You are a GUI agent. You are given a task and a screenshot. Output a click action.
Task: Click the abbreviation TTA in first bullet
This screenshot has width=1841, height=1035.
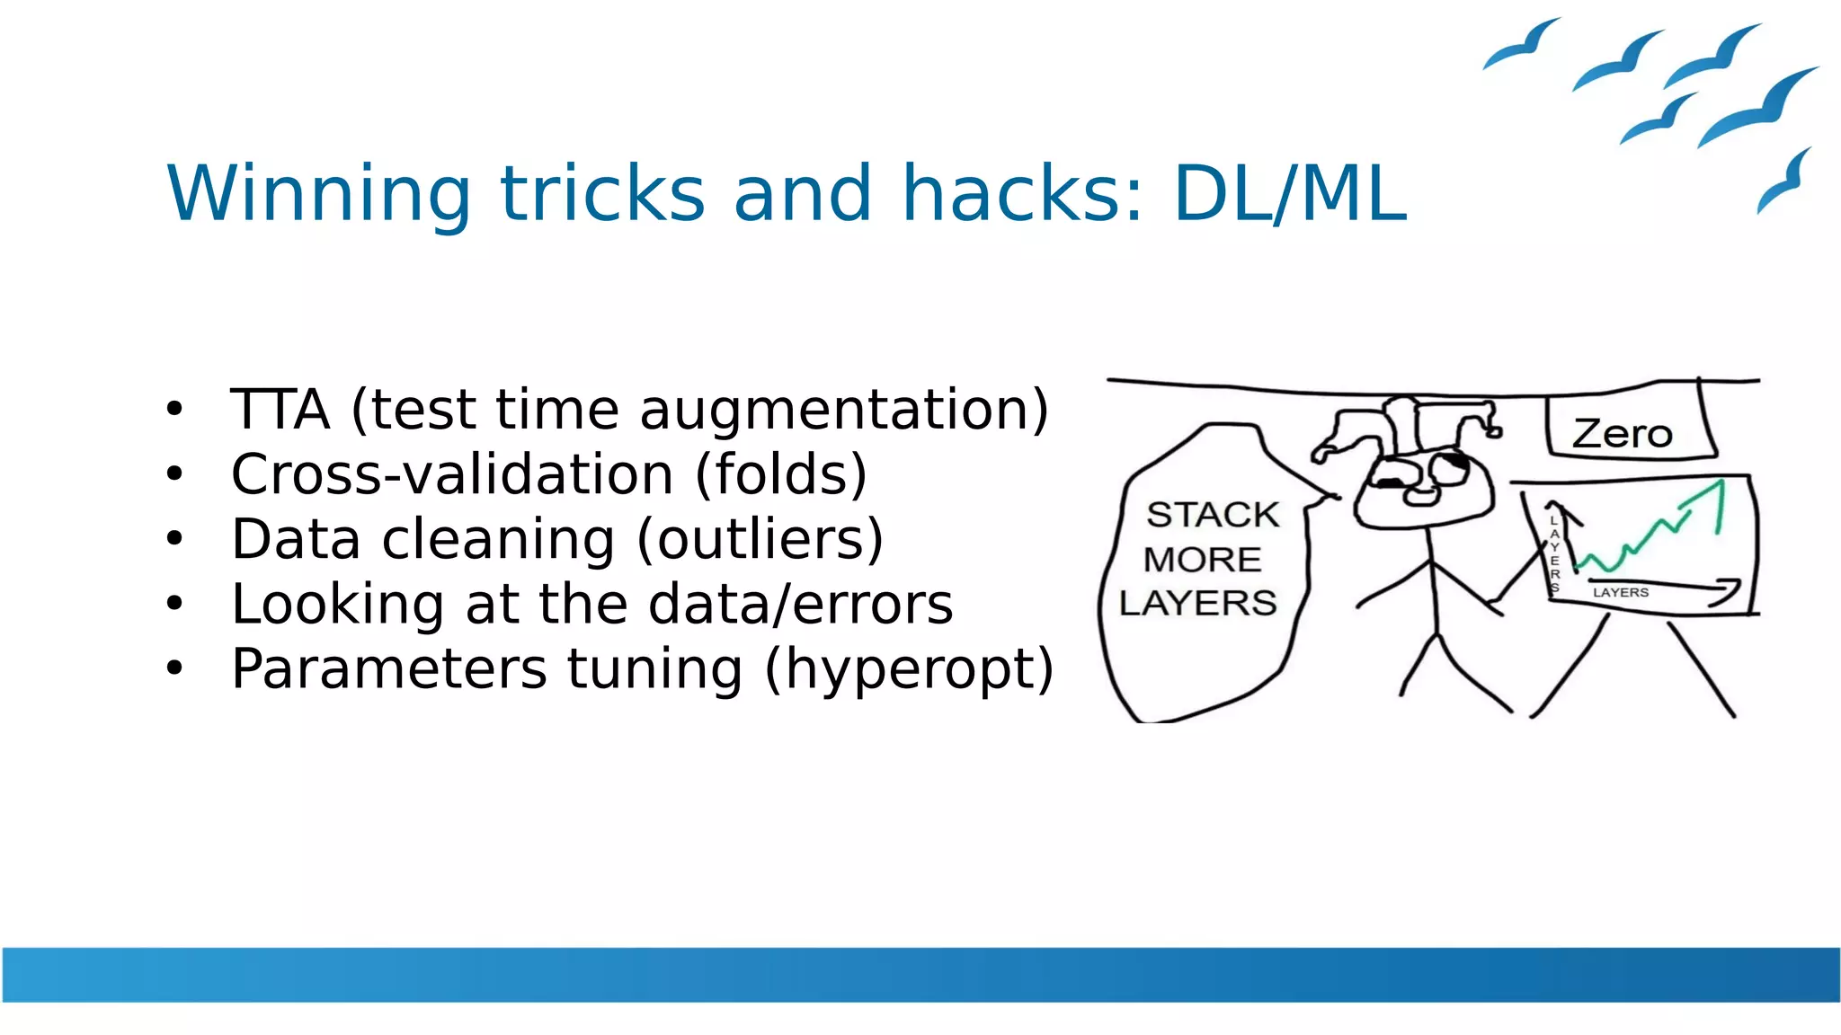[x=280, y=410]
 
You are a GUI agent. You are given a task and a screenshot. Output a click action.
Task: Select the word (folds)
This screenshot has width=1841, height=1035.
[x=781, y=474]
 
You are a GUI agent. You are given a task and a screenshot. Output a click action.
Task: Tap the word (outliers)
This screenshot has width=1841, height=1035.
[x=760, y=539]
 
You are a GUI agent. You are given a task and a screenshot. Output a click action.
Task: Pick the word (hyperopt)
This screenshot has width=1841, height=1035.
[x=909, y=670]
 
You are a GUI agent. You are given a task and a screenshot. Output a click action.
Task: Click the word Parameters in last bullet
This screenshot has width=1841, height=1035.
[x=388, y=668]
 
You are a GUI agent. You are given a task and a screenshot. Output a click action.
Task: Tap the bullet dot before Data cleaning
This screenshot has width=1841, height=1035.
[x=174, y=539]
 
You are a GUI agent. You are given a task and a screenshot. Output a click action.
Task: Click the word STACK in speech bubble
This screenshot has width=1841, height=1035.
[x=1213, y=515]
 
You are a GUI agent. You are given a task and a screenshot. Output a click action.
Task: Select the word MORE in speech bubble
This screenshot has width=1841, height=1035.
[x=1203, y=560]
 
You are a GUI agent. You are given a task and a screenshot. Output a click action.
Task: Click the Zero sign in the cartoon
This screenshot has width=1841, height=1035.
[x=1623, y=434]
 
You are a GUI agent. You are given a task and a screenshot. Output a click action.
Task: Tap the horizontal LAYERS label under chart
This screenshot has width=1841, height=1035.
[x=1621, y=592]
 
